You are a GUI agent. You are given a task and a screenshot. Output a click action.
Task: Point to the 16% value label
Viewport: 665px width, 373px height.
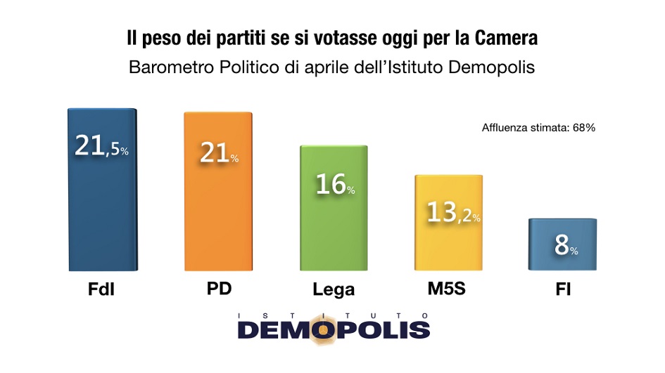point(334,185)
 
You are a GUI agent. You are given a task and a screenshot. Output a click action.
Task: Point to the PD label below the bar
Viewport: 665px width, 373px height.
point(217,289)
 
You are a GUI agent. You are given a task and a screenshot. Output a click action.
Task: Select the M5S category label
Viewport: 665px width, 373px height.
point(448,289)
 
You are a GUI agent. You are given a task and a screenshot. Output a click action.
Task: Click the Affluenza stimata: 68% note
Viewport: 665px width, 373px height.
point(539,128)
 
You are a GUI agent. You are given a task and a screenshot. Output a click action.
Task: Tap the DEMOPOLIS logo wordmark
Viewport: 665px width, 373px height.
point(333,329)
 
